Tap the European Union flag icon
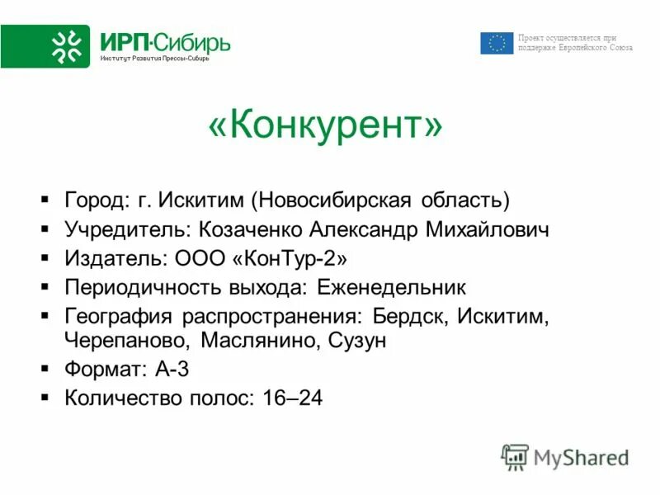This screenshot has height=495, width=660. [497, 43]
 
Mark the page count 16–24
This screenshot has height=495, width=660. [292, 398]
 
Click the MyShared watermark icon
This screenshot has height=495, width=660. [515, 456]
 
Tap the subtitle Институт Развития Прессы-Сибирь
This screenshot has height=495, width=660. [155, 59]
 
